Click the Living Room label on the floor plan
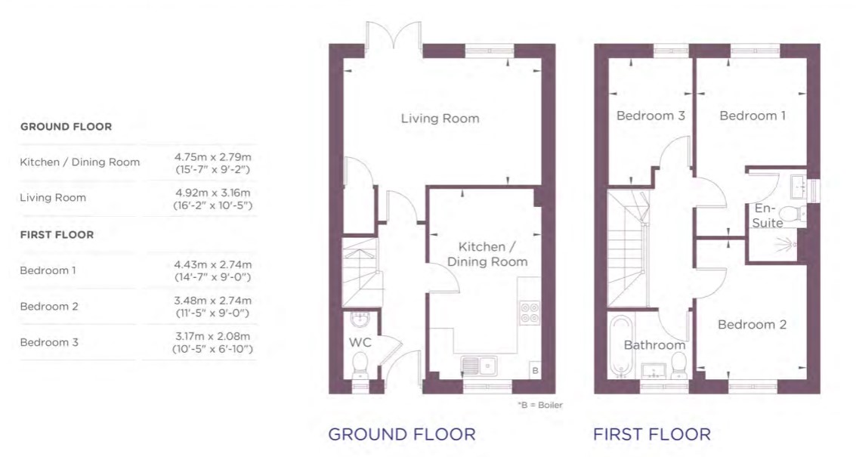pos(440,119)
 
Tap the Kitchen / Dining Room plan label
pos(487,255)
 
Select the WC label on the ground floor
pos(360,342)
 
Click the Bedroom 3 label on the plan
pos(650,116)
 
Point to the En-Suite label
pos(768,216)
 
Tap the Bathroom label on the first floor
pos(654,345)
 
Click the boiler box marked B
pos(535,370)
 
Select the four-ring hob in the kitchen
pos(530,312)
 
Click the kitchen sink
pos(479,366)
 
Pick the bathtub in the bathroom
pos(620,346)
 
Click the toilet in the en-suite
pos(791,213)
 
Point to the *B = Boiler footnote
pos(539,405)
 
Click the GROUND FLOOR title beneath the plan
pos(402,434)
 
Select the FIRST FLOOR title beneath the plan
pos(652,434)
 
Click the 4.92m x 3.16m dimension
pos(213,193)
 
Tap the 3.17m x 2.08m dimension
pos(212,336)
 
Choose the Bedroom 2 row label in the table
pos(49,307)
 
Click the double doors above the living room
pos(394,39)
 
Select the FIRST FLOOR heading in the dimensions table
pos(57,235)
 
